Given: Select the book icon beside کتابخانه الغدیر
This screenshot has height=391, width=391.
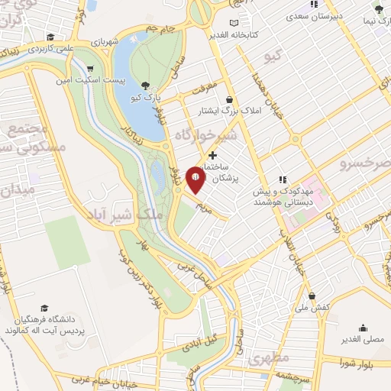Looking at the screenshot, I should (x=244, y=23).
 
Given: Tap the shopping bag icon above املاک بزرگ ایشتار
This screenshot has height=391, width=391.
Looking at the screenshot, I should (x=230, y=99).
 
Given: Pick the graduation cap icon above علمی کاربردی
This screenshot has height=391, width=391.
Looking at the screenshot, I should (x=50, y=37).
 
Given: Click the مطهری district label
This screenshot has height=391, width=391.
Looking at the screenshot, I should (x=270, y=357).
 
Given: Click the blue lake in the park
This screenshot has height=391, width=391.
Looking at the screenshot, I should (x=134, y=84).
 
